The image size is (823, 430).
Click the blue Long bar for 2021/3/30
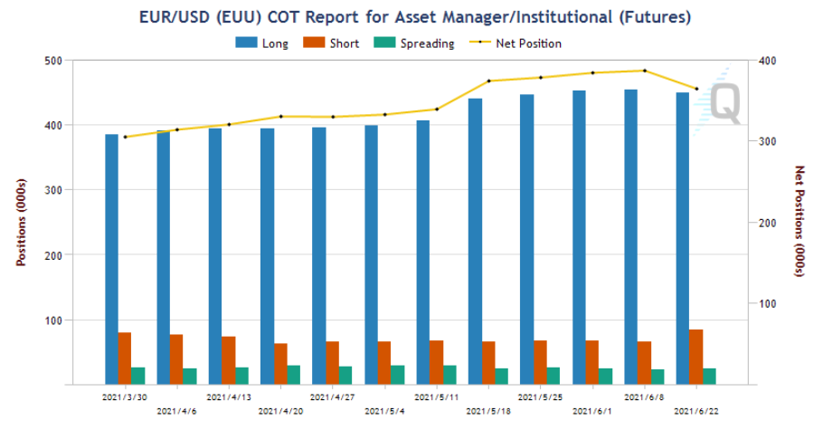click(x=112, y=259)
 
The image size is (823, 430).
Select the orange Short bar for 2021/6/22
click(x=696, y=357)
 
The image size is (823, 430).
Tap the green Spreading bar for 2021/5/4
click(x=398, y=375)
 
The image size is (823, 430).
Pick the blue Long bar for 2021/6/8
click(x=631, y=237)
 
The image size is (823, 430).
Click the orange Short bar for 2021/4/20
click(x=280, y=364)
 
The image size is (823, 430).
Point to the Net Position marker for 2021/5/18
click(x=488, y=81)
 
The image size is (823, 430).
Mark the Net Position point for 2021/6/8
click(x=645, y=71)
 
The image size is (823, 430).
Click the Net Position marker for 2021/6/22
click(x=696, y=89)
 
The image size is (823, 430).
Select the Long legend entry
click(x=262, y=43)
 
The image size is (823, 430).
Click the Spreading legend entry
click(x=414, y=43)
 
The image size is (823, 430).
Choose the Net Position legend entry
click(x=516, y=43)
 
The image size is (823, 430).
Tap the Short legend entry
click(x=331, y=43)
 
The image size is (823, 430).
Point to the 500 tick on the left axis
click(x=53, y=61)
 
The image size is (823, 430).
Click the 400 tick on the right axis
click(x=767, y=61)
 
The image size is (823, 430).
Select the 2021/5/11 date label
click(x=436, y=397)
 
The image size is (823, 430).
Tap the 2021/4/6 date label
click(x=177, y=411)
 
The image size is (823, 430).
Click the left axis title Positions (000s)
click(x=21, y=223)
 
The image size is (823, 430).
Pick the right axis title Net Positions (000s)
click(x=799, y=221)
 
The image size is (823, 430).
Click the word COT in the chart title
click(x=284, y=17)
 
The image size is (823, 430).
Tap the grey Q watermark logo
click(x=725, y=103)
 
